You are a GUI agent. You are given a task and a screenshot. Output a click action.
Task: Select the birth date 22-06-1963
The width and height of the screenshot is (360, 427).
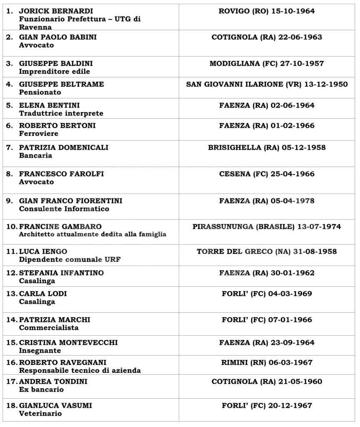click(297, 38)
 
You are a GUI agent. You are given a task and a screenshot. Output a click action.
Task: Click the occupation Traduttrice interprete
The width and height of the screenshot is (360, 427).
click(61, 113)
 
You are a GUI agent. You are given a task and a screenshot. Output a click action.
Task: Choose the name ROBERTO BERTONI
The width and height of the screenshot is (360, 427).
click(57, 126)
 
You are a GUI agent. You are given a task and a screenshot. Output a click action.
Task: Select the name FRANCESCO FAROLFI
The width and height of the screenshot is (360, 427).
click(62, 174)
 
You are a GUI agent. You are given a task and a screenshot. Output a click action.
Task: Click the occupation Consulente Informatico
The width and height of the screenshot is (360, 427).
click(64, 209)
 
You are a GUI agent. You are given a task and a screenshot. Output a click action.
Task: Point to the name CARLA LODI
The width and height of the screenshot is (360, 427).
click(43, 294)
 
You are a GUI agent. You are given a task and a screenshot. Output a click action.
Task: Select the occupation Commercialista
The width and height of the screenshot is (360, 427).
click(49, 328)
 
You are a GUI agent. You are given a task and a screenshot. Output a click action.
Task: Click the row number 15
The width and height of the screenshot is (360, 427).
click(11, 342)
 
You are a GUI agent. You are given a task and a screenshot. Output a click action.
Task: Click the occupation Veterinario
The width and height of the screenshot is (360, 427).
click(40, 414)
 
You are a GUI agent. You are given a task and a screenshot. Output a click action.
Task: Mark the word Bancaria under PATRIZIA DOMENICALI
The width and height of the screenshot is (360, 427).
click(35, 156)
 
